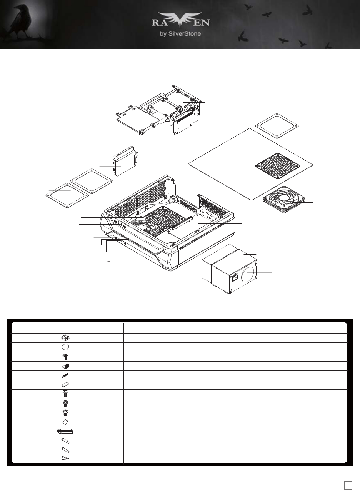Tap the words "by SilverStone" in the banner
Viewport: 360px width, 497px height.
pos(180,34)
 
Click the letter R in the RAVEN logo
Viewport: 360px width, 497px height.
pos(156,23)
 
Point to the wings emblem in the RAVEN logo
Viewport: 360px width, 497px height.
pos(181,21)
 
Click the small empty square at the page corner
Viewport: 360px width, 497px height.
pos(348,485)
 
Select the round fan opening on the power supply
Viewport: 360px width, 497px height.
pos(248,272)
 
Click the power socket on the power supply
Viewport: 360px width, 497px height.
pos(235,277)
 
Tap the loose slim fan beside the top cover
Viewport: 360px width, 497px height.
pos(284,200)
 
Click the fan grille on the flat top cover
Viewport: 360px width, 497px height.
pos(277,166)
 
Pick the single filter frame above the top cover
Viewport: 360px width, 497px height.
pos(277,126)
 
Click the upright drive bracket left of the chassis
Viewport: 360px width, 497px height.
pos(125,161)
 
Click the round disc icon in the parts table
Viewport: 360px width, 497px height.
pos(65,347)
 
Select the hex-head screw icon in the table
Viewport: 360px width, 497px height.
pos(65,394)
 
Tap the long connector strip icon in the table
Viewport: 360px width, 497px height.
pos(65,431)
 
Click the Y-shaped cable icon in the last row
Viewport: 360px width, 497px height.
pos(65,458)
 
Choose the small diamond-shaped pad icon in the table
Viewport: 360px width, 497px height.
pos(65,422)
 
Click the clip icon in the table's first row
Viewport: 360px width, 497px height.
pos(65,338)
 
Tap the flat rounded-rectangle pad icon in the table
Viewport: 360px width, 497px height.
pos(65,384)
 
